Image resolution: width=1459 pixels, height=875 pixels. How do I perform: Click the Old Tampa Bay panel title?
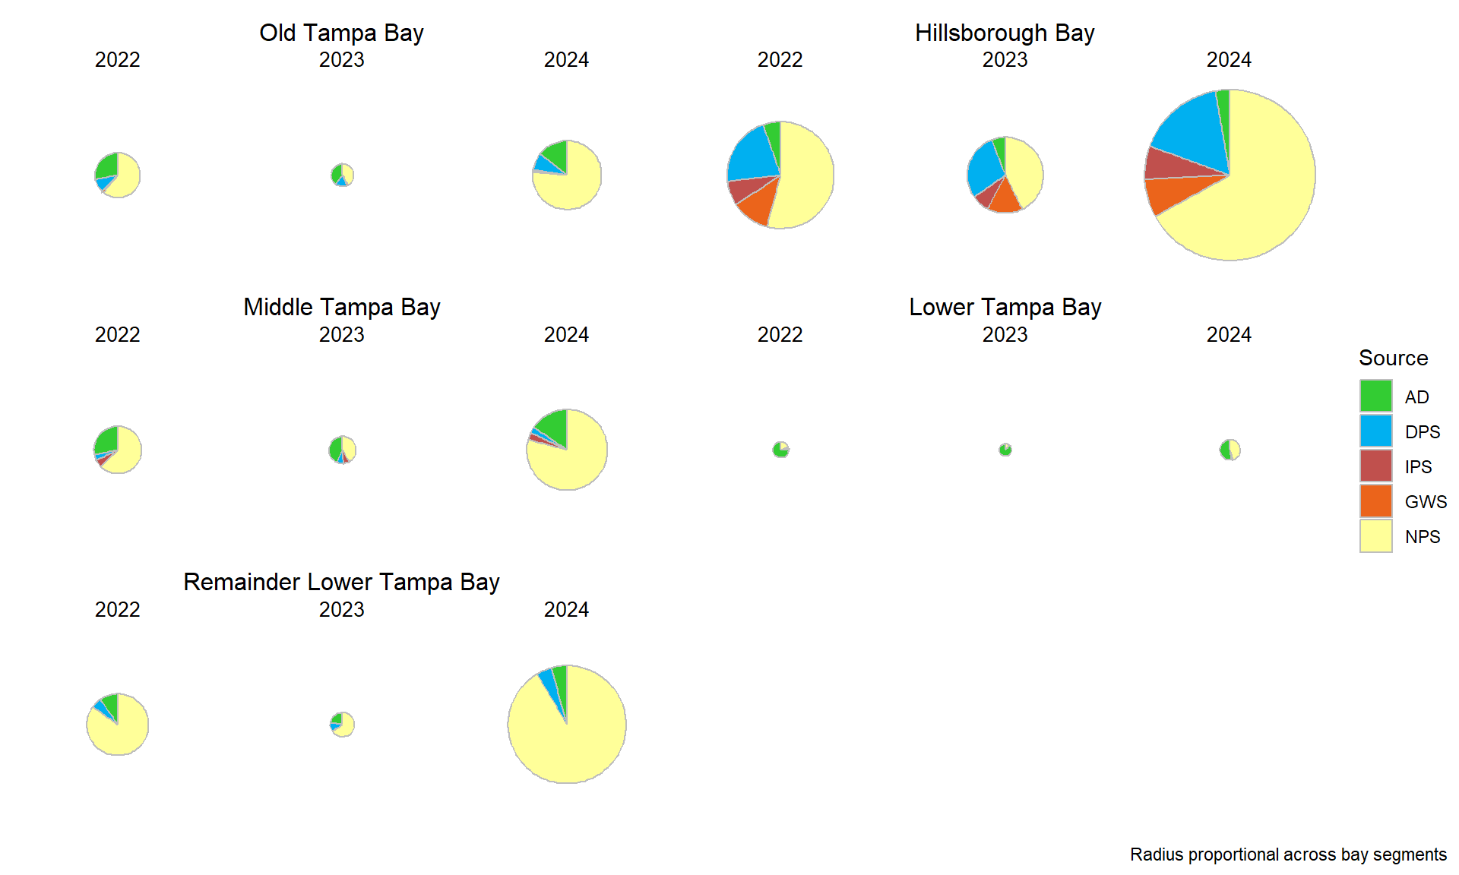[341, 33]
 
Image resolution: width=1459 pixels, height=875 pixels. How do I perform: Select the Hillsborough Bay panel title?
[1004, 33]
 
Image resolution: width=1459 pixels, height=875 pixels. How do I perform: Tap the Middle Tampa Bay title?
[341, 307]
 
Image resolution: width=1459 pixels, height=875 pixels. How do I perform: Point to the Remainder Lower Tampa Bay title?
[341, 582]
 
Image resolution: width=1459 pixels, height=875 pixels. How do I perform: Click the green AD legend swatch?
[1375, 396]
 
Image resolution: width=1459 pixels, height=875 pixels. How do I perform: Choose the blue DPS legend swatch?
[1375, 431]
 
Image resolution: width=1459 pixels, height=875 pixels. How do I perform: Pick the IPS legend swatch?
[1375, 466]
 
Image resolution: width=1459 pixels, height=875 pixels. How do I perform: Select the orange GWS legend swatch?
[1375, 501]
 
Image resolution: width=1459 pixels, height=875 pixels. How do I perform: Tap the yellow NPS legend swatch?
[1375, 536]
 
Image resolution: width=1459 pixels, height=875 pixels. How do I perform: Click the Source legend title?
[1393, 358]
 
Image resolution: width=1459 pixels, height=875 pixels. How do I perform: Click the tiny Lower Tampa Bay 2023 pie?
[1005, 450]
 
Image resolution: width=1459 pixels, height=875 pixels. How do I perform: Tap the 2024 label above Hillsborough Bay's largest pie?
[1229, 60]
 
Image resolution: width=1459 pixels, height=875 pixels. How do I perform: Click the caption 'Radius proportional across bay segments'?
[1288, 854]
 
